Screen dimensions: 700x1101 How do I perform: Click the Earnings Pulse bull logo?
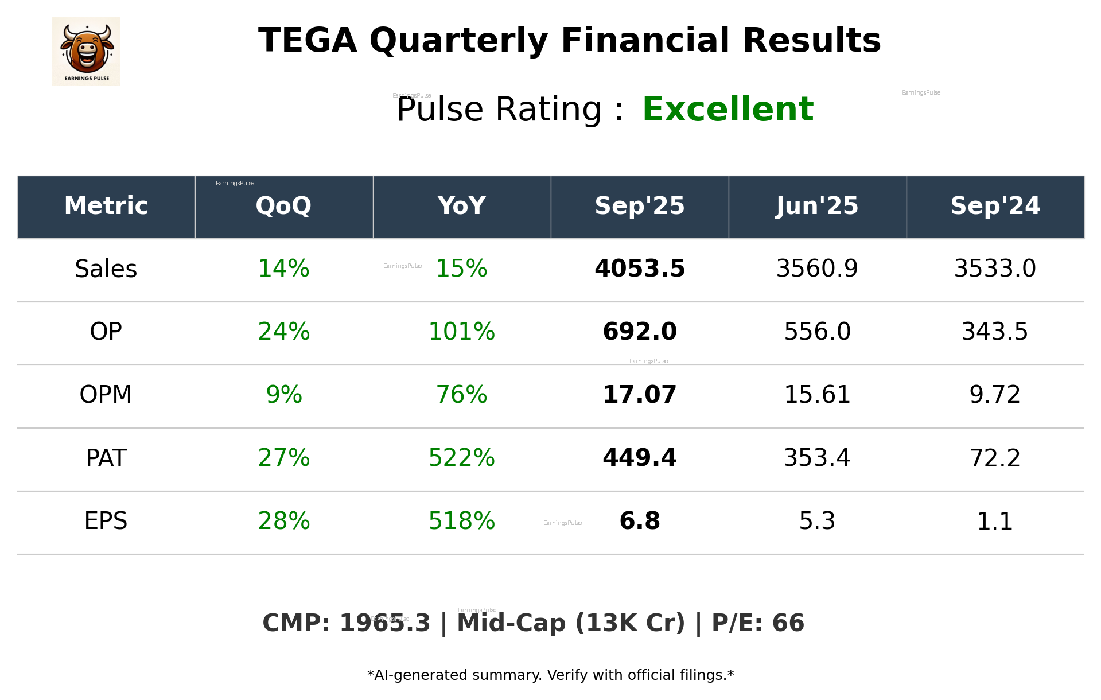(x=86, y=51)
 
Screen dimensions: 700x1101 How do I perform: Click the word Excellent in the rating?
(x=727, y=109)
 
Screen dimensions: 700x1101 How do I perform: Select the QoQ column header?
(x=283, y=206)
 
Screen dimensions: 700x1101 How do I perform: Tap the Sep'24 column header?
(x=995, y=206)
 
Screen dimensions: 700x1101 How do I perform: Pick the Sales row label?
(x=106, y=269)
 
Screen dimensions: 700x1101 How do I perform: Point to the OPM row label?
(x=106, y=395)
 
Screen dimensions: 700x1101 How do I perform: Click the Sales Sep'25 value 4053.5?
(x=640, y=269)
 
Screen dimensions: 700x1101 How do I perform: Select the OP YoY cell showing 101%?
(x=461, y=332)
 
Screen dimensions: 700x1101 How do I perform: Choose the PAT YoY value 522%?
(x=461, y=458)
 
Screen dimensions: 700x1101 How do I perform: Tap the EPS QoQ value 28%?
(x=283, y=521)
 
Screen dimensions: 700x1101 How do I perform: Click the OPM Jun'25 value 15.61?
(x=817, y=395)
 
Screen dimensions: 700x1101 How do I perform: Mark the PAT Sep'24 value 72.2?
(x=995, y=458)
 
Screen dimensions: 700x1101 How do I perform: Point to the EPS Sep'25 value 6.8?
(x=640, y=521)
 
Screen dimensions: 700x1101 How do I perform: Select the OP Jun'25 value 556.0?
(x=817, y=332)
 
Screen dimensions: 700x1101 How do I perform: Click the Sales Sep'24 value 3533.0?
(x=995, y=269)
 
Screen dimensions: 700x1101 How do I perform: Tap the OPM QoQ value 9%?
(x=283, y=395)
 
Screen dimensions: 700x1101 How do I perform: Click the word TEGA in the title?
(x=308, y=41)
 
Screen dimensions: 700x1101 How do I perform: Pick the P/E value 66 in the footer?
(x=788, y=623)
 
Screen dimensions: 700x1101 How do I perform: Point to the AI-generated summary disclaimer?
(x=550, y=675)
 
